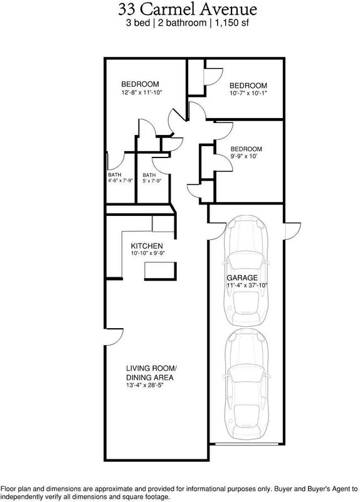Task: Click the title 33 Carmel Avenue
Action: pyautogui.click(x=188, y=9)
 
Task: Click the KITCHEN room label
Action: pyautogui.click(x=147, y=246)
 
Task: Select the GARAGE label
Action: pyautogui.click(x=242, y=278)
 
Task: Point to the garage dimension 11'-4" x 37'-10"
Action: pyautogui.click(x=246, y=286)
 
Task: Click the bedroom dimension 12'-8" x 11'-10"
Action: pyautogui.click(x=142, y=92)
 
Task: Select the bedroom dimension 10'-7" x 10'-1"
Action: pyautogui.click(x=248, y=93)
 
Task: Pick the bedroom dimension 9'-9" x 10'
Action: pyautogui.click(x=244, y=156)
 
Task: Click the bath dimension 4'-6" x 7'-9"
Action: pyautogui.click(x=120, y=181)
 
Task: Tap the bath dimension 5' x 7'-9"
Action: pyautogui.click(x=152, y=181)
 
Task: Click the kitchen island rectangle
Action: pyautogui.click(x=161, y=271)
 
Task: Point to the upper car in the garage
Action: pyautogui.click(x=246, y=271)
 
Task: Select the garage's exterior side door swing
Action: pyautogui.click(x=292, y=230)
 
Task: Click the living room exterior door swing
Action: pyautogui.click(x=114, y=337)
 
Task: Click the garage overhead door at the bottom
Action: pyautogui.click(x=246, y=444)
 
